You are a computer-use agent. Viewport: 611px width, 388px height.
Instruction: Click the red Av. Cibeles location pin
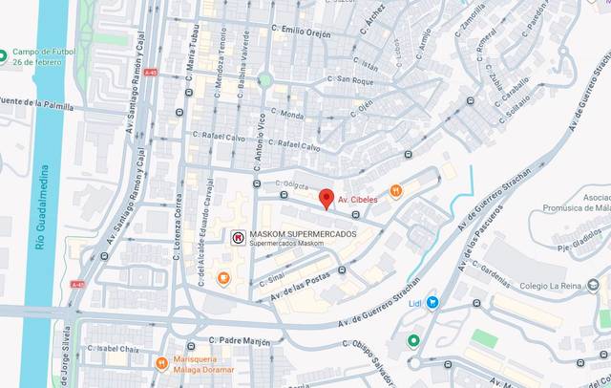tap(326, 198)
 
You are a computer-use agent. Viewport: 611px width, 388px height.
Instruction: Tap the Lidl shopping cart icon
tap(432, 302)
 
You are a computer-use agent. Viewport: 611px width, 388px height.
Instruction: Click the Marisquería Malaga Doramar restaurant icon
tap(161, 363)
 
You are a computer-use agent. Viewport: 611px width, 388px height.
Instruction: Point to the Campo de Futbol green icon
tap(4, 54)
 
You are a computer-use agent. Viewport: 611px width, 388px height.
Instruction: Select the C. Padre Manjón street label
tap(237, 339)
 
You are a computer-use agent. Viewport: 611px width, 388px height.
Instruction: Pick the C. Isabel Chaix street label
tap(117, 348)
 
